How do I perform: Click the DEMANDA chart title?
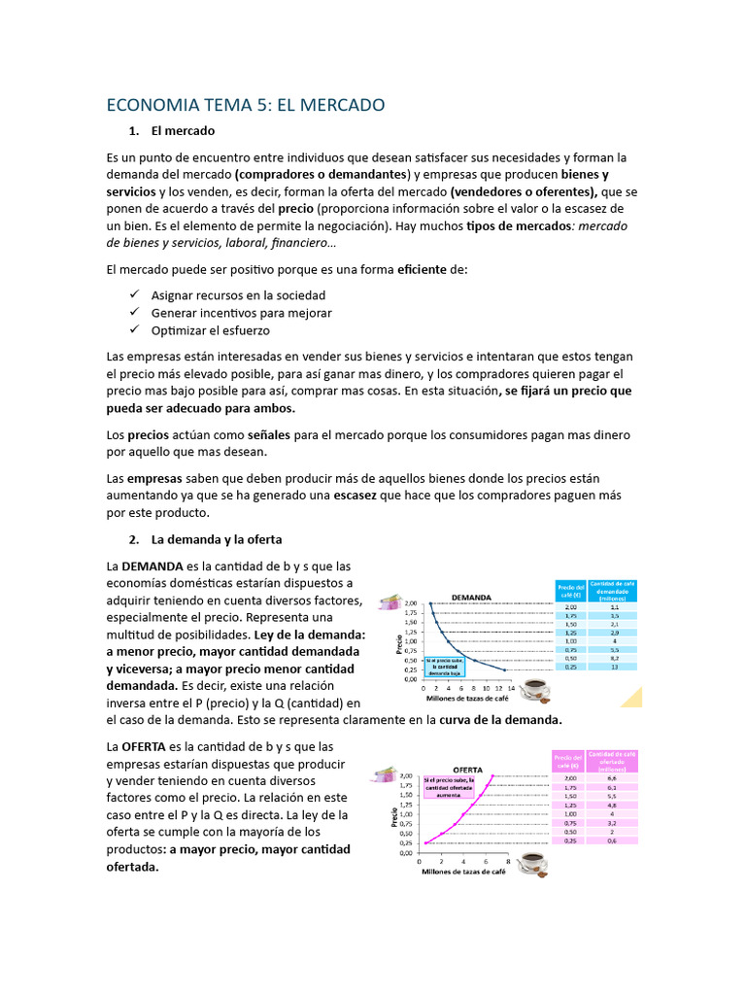pyautogui.click(x=469, y=597)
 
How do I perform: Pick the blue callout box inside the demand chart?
pyautogui.click(x=444, y=664)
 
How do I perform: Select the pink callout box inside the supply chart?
pyautogui.click(x=449, y=786)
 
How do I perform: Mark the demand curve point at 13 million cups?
pyautogui.click(x=505, y=669)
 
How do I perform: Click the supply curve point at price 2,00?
pyautogui.click(x=493, y=776)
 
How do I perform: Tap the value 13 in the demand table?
pyautogui.click(x=614, y=667)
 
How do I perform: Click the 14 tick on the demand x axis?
pyautogui.click(x=512, y=687)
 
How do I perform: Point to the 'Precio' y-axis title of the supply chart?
pyautogui.click(x=395, y=813)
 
